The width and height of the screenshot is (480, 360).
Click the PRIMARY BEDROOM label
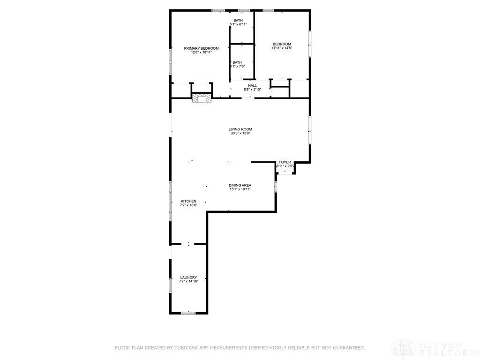tap(201, 48)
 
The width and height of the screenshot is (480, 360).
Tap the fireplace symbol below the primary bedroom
tap(202, 98)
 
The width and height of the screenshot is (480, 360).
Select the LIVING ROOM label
tap(240, 129)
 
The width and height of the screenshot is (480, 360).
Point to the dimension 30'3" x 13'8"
tap(240, 134)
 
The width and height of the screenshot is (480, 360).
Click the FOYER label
tap(285, 162)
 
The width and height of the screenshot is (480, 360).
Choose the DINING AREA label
tap(240, 185)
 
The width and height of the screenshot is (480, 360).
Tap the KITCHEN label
tap(188, 201)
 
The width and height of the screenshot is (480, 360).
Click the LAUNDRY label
tap(188, 277)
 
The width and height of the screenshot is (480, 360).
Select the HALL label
tap(253, 85)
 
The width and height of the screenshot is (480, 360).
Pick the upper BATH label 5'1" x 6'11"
tap(239, 20)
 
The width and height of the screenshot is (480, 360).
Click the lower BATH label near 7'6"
tap(237, 62)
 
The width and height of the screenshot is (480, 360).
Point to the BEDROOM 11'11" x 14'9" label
tap(282, 44)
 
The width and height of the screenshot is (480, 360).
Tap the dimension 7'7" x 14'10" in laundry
tap(188, 281)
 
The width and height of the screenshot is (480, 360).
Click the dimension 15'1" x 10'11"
tap(240, 189)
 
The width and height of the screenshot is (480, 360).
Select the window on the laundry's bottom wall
tap(188, 313)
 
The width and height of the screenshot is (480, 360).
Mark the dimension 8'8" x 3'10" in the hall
tap(253, 90)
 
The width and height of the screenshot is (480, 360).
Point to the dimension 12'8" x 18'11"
tap(201, 52)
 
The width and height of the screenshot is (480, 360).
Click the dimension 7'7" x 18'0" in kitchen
tap(188, 205)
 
